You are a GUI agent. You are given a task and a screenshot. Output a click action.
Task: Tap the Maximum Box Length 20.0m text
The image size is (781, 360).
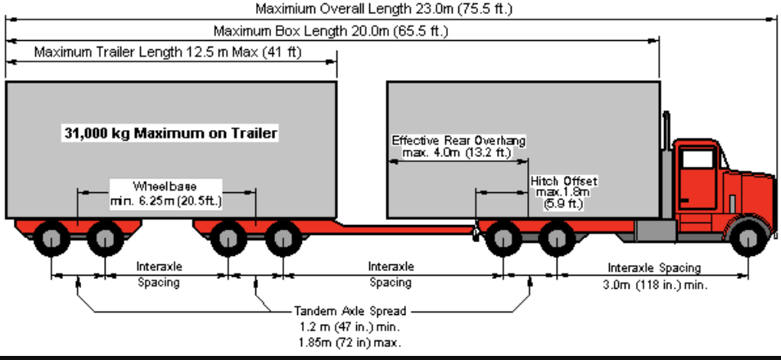coord(331,32)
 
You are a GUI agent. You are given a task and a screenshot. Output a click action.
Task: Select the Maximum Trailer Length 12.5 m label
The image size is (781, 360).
coord(169,53)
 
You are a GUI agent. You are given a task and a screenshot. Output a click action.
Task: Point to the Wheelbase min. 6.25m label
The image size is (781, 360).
coord(165,193)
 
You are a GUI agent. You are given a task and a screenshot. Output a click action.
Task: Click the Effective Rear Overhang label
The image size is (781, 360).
coord(458,146)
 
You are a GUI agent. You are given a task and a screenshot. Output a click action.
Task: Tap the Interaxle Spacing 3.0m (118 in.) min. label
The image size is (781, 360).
coord(654,277)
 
